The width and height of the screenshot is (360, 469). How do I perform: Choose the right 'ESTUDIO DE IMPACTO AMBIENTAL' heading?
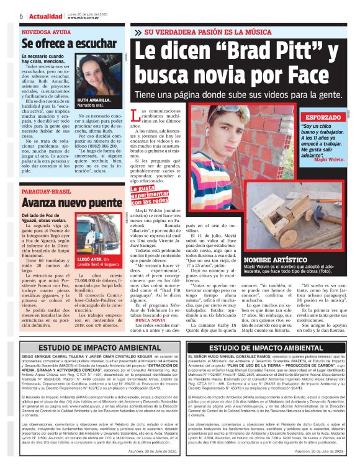point(269,349)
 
